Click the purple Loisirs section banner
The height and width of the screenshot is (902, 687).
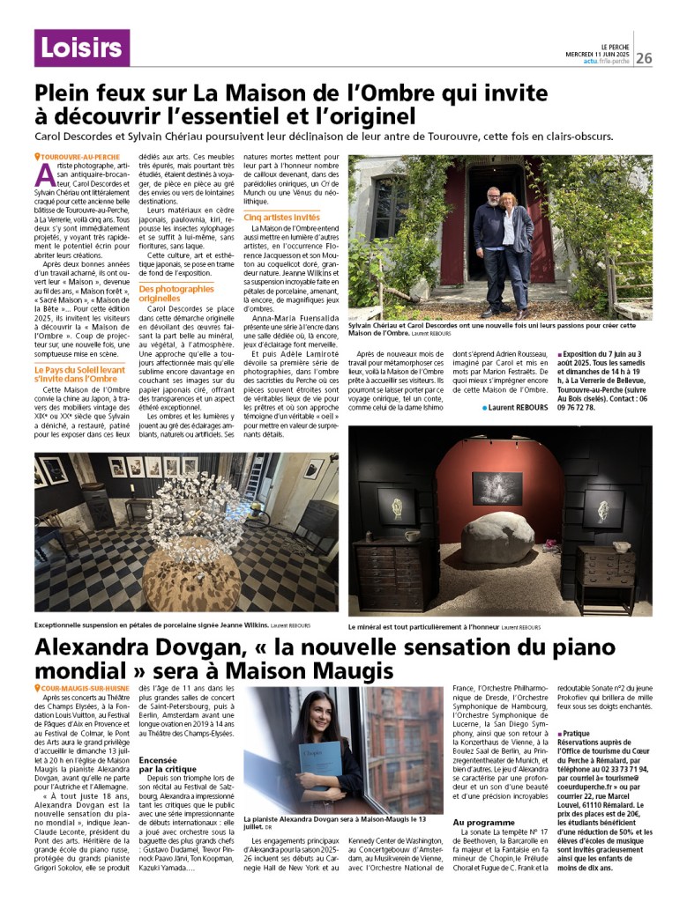click(81, 48)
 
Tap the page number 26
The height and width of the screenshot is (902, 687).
click(644, 58)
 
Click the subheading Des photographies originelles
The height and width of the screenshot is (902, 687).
click(176, 293)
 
